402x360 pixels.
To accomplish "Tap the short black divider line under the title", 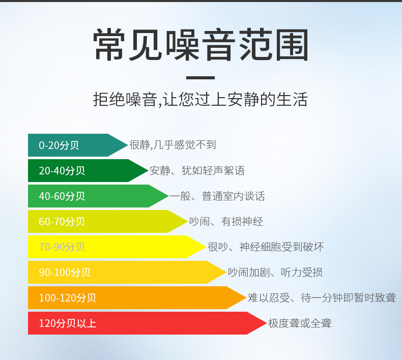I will click(200, 78).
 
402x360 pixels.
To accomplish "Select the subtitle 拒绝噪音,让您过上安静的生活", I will click(200, 99).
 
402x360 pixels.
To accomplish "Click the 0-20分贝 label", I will click(59, 145).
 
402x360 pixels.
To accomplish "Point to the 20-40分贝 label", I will click(62, 171).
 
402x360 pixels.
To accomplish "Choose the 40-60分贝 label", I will click(62, 196).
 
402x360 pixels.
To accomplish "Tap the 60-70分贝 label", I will click(62, 222).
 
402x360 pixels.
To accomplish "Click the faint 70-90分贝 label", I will click(62, 247).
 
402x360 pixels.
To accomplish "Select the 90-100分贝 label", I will click(65, 273).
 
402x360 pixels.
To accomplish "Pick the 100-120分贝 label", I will click(68, 298).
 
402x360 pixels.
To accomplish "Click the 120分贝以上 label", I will click(68, 323).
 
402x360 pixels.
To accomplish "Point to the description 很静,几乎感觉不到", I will click(173, 145).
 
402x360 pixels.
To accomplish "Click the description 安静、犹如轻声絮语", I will click(197, 171).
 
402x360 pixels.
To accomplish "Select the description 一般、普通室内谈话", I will click(217, 196).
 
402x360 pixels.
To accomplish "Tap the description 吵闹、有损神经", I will click(226, 222).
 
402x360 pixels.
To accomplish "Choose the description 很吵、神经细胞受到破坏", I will click(266, 247).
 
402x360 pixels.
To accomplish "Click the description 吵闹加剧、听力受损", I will click(275, 273).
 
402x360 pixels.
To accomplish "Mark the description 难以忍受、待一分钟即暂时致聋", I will click(322, 298).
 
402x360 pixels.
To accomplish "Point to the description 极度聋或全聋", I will click(300, 323).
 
